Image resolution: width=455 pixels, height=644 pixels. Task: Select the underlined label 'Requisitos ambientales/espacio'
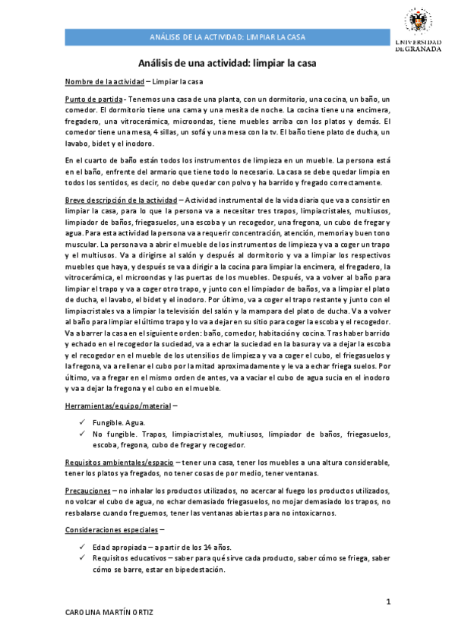click(x=120, y=462)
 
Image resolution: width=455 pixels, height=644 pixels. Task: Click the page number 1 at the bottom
click(x=387, y=602)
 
